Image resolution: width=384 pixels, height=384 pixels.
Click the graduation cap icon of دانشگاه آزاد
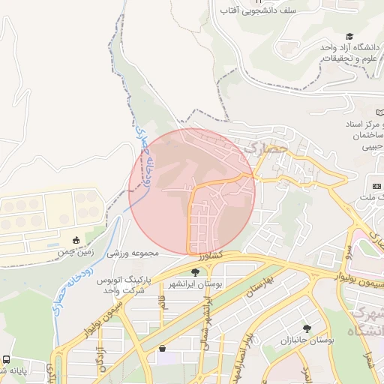click(x=349, y=36)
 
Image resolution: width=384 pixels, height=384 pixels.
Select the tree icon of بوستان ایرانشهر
click(x=196, y=273)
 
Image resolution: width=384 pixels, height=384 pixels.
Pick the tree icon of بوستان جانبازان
click(x=307, y=328)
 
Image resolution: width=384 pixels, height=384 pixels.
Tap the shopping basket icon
click(x=163, y=349)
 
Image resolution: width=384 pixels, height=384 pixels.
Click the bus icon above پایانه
click(x=6, y=359)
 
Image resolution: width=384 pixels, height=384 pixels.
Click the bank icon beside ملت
click(x=376, y=185)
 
